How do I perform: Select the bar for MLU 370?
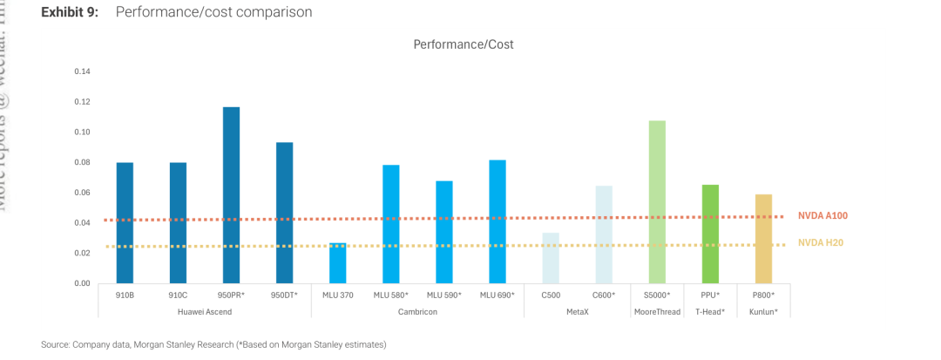(337, 262)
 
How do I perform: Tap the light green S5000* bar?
(657, 201)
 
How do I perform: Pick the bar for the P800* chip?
(763, 238)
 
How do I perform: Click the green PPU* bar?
(710, 234)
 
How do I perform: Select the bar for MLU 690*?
(498, 221)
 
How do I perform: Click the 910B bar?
(125, 222)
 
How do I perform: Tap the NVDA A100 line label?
(823, 215)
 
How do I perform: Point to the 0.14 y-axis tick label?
(81, 71)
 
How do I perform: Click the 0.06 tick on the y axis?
(81, 193)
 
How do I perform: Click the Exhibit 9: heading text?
(69, 12)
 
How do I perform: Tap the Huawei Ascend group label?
(204, 311)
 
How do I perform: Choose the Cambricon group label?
(417, 311)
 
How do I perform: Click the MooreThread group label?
(657, 311)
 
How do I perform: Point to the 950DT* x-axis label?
(284, 295)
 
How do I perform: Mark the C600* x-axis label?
(604, 295)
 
